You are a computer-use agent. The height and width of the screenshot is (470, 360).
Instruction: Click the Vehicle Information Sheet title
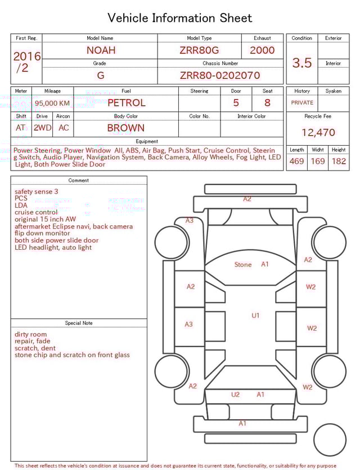tap(180, 18)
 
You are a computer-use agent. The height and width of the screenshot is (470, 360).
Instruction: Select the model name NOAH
tap(101, 50)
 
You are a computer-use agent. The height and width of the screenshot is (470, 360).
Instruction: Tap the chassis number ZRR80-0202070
tap(220, 75)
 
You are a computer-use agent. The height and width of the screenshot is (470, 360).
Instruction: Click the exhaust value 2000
tap(262, 50)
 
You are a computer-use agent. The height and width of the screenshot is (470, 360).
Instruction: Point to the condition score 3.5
tap(301, 63)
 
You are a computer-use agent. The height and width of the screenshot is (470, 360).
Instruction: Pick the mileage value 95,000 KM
tap(52, 103)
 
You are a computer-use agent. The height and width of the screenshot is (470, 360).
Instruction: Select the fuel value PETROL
tap(126, 103)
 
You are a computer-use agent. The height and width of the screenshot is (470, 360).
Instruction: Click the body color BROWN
tap(126, 128)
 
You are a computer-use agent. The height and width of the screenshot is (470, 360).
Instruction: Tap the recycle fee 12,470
tap(318, 133)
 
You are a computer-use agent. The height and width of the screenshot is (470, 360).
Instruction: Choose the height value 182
tap(339, 161)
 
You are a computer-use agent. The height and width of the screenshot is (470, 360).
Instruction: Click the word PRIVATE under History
tap(302, 103)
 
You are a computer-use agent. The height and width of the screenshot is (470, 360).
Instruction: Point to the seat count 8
tap(267, 103)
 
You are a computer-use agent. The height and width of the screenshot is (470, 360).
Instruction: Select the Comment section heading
tap(79, 180)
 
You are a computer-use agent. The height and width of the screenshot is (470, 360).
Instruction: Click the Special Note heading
tap(79, 323)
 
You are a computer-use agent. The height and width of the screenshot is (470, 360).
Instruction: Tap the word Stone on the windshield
tap(243, 265)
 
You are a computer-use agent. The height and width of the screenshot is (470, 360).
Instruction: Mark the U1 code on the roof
tap(255, 316)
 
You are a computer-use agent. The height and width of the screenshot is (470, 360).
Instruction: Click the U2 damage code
tap(235, 395)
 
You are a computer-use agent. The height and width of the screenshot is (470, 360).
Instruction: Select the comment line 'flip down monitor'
tap(42, 233)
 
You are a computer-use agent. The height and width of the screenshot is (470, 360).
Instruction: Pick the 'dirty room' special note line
tap(31, 334)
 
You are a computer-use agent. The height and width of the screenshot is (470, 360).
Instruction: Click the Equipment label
tap(147, 141)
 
